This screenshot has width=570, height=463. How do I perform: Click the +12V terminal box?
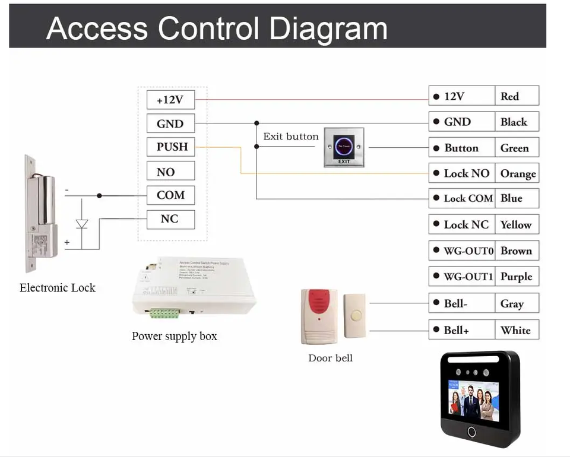tap(170, 100)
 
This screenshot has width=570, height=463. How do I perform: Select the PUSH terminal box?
tap(171, 147)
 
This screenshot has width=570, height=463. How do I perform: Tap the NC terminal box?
tap(170, 219)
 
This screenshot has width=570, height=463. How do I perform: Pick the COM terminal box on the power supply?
tap(170, 195)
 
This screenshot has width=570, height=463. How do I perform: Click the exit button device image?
tap(344, 147)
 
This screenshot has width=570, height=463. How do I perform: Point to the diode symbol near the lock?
tap(82, 224)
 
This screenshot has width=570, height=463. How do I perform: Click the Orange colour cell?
tap(517, 173)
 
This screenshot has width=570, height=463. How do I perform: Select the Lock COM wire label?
tap(463, 198)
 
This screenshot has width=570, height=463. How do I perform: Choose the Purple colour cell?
tap(516, 277)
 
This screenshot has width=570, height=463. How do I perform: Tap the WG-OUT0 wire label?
tap(463, 250)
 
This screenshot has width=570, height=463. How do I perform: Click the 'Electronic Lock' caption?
tap(58, 288)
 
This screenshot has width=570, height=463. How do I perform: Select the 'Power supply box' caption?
tap(175, 337)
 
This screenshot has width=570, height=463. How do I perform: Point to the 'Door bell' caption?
tap(330, 358)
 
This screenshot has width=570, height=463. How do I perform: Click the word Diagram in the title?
tap(328, 28)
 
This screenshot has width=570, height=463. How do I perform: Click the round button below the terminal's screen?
tap(472, 432)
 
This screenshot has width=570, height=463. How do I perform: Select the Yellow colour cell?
tap(516, 224)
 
